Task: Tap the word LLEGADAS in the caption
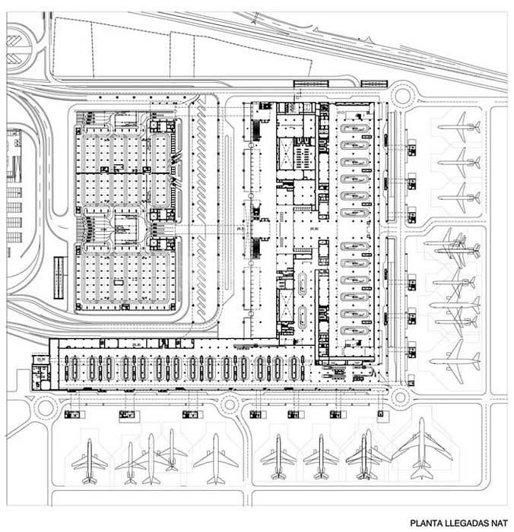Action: [466, 523]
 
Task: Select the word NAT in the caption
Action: [498, 523]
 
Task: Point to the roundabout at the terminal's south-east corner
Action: [400, 394]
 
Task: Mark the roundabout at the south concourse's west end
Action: [45, 407]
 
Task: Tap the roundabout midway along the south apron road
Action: [229, 405]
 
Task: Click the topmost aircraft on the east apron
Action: [458, 125]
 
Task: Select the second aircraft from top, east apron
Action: [458, 161]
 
